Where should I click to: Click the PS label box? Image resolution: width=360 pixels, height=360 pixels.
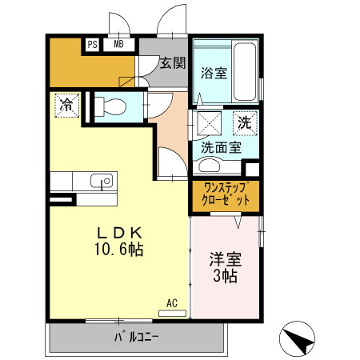[x=92, y=45]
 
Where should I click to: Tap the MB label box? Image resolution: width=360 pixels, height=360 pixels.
[x=118, y=45]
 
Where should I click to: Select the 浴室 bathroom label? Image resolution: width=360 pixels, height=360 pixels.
[x=214, y=73]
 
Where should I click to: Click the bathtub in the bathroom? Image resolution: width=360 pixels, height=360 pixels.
[x=244, y=72]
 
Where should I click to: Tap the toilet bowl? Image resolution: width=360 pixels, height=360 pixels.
[x=113, y=106]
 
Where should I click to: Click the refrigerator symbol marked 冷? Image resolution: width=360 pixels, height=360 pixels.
[x=67, y=104]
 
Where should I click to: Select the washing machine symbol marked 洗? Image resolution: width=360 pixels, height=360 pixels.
[x=245, y=123]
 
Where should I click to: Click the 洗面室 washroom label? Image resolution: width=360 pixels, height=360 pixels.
[x=220, y=147]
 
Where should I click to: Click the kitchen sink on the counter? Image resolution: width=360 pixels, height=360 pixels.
[x=100, y=181]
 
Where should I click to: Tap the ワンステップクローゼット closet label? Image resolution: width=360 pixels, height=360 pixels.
[x=225, y=194]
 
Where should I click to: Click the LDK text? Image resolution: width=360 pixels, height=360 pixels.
[x=120, y=233]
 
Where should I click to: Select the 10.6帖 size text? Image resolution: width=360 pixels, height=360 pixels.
[x=120, y=250]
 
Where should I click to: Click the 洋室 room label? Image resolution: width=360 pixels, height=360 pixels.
[x=225, y=259]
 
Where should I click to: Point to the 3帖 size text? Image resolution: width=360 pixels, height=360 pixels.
[x=225, y=277]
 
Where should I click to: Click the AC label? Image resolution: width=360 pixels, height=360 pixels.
[x=172, y=303]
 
